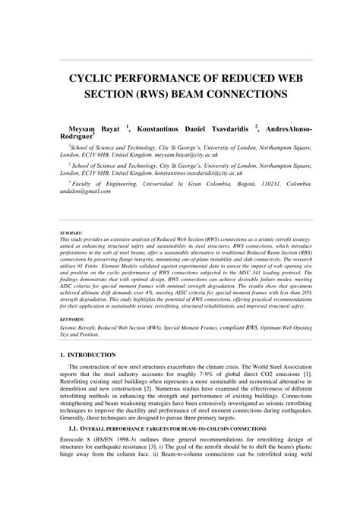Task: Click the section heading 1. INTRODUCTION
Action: pyautogui.click(x=89, y=355)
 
